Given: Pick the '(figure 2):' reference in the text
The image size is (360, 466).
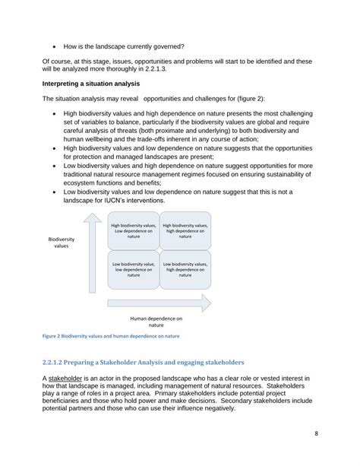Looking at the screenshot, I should tap(236, 99).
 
